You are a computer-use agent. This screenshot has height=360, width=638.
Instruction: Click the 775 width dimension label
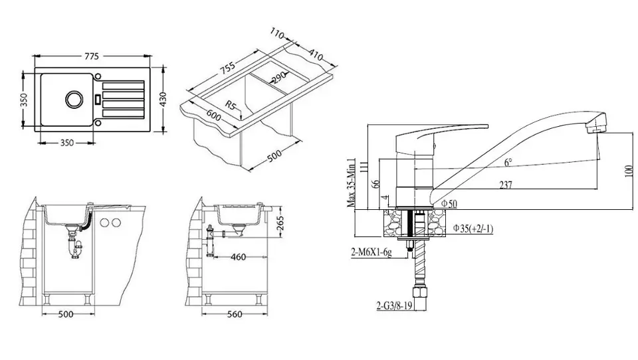[92, 56]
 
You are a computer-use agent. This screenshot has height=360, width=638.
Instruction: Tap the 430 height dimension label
[163, 99]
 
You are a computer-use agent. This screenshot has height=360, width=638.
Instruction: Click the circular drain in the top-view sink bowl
[74, 98]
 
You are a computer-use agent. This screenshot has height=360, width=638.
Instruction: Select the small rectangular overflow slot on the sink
[97, 99]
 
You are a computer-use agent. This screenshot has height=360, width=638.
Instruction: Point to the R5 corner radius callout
[231, 106]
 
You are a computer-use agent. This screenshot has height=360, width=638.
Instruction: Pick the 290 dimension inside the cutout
[279, 78]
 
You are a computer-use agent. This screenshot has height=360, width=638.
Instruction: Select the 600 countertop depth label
[213, 116]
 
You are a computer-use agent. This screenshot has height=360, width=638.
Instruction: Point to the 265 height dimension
[280, 223]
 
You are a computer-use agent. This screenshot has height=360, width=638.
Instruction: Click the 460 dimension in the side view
[238, 257]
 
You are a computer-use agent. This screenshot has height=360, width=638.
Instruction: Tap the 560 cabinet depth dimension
[235, 314]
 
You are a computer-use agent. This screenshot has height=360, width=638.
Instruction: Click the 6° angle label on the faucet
[508, 162]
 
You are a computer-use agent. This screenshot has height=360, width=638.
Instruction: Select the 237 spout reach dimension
[505, 185]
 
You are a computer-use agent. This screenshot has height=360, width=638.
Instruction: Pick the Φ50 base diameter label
[449, 203]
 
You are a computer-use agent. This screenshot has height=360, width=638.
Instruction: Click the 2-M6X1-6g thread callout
[371, 252]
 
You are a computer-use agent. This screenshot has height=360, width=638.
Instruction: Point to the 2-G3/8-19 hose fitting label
[394, 306]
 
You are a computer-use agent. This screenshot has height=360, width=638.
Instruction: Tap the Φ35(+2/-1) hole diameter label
[473, 228]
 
